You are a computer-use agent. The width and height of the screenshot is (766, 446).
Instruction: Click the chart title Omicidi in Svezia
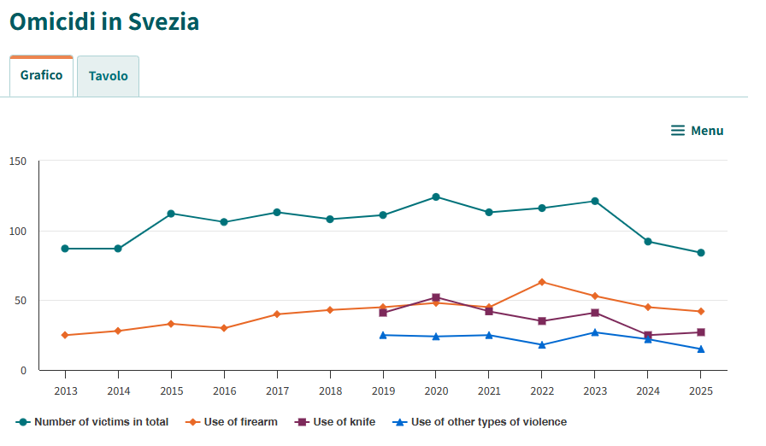[x=104, y=22]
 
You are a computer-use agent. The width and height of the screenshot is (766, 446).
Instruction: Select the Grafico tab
[x=42, y=76]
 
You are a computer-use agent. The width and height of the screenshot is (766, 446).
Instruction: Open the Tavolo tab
[x=108, y=76]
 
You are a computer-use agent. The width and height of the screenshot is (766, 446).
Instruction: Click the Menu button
[x=697, y=131]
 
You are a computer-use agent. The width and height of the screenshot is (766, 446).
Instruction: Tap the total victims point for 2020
[x=436, y=197]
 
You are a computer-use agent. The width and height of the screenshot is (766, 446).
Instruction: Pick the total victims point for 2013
[x=65, y=249]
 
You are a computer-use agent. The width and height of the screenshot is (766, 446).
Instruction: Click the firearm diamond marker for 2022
[x=542, y=282]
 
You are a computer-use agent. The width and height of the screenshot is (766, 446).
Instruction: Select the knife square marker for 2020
[x=436, y=297]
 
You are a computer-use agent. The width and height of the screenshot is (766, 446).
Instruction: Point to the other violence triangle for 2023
[x=595, y=332]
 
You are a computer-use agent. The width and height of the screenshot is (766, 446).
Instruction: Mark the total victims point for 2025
[x=701, y=253]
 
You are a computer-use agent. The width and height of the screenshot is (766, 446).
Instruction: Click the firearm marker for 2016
[x=224, y=328]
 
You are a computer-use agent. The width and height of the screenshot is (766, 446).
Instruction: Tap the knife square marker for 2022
[x=542, y=321]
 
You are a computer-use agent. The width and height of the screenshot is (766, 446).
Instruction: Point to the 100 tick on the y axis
[x=18, y=232]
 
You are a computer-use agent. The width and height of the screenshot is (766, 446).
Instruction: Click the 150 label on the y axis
[x=18, y=161]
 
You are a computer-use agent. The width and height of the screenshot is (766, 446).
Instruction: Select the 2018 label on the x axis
[x=330, y=391]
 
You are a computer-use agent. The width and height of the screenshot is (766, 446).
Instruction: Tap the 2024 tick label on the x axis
[x=648, y=391]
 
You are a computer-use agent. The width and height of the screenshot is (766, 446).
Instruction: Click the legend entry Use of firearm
[x=232, y=422]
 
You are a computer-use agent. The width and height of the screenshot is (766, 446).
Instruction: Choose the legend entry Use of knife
[x=335, y=422]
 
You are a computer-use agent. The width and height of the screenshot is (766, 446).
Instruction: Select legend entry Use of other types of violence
[x=480, y=422]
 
